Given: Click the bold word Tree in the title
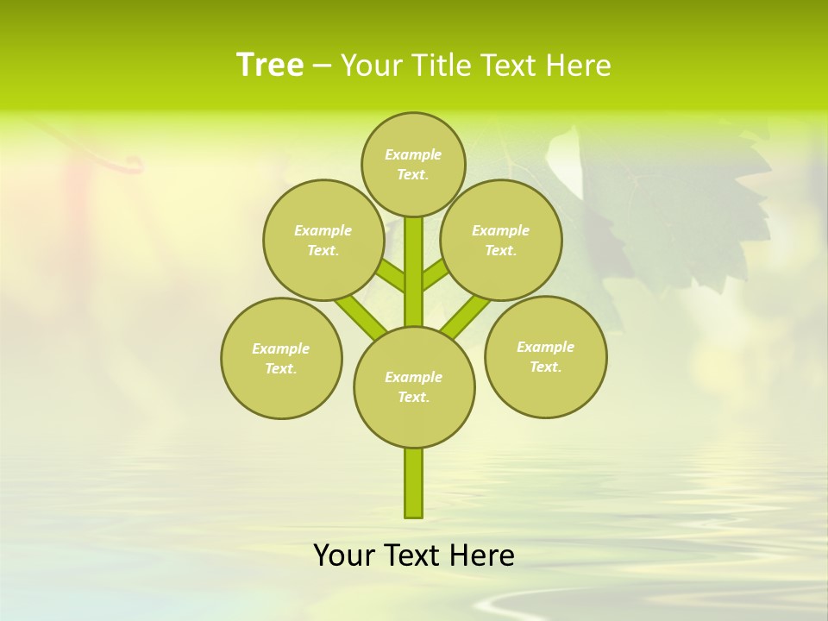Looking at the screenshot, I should tap(270, 65).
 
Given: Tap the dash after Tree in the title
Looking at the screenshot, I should tap(322, 66).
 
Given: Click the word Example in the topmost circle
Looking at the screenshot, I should tap(413, 154).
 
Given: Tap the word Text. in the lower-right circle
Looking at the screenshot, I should tap(545, 367).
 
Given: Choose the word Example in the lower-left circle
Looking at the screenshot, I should tap(281, 348).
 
